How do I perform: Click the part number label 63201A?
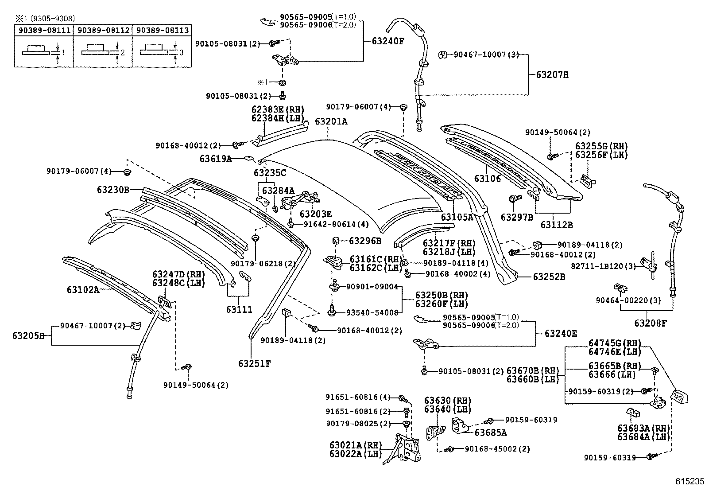[x=331, y=121]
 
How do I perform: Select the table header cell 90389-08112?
[x=103, y=30]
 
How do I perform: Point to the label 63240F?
[x=388, y=41]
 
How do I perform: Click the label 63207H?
[x=552, y=75]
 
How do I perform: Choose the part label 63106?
[x=487, y=179]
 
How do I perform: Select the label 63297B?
[x=517, y=217]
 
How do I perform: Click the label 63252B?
[x=549, y=277]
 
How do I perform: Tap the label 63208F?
[x=650, y=323]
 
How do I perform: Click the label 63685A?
[x=491, y=432]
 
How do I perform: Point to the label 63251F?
[x=254, y=363]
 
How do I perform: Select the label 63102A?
[x=83, y=290]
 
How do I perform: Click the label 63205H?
[x=28, y=336]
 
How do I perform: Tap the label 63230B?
[x=113, y=190]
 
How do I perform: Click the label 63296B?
[x=365, y=241]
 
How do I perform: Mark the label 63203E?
[x=315, y=214]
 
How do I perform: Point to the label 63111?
[x=239, y=309]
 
